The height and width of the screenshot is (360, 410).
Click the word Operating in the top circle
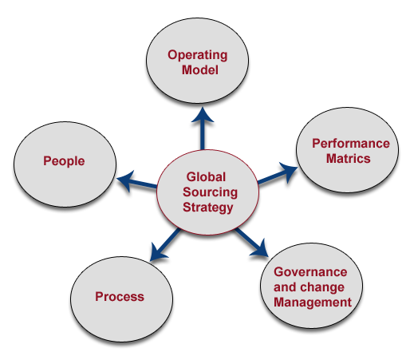pyautogui.click(x=198, y=56)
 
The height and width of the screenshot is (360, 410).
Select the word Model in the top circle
pyautogui.click(x=200, y=70)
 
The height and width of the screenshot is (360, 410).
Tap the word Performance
pyautogui.click(x=351, y=144)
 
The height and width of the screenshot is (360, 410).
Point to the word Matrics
pyautogui.click(x=349, y=159)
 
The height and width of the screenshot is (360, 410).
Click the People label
pyautogui.click(x=64, y=161)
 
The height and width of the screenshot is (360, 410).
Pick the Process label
pyautogui.click(x=120, y=297)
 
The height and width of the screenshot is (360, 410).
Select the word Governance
pyautogui.click(x=310, y=272)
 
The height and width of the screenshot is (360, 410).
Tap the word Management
pyautogui.click(x=313, y=303)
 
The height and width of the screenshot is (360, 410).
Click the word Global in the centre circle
pyautogui.click(x=206, y=177)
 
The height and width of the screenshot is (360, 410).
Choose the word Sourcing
pyautogui.click(x=210, y=192)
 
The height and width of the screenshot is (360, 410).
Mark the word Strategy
pyautogui.click(x=208, y=208)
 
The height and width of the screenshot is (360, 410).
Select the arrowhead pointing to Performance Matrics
pyautogui.click(x=289, y=172)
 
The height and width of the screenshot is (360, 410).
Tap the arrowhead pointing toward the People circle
pyautogui.click(x=125, y=180)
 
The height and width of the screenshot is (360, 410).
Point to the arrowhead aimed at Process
pyautogui.click(x=158, y=252)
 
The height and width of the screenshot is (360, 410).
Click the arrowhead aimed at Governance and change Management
pyautogui.click(x=260, y=248)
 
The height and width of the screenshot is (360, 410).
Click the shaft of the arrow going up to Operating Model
pyautogui.click(x=203, y=135)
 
